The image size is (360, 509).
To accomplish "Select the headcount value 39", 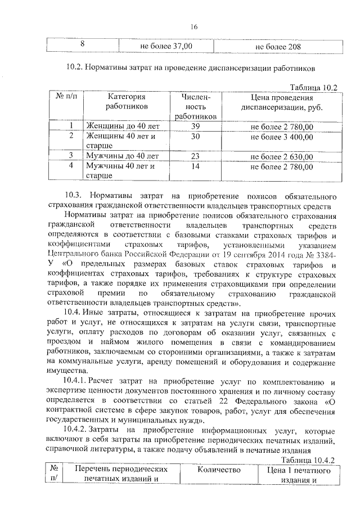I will point(195,126).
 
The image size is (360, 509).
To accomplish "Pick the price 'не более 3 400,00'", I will point(281,136).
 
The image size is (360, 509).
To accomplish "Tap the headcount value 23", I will point(195,156).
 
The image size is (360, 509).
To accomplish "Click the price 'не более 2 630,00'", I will point(281,156).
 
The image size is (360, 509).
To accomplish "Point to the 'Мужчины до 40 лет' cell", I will point(119,156).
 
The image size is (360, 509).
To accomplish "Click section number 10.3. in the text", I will point(74,196).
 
